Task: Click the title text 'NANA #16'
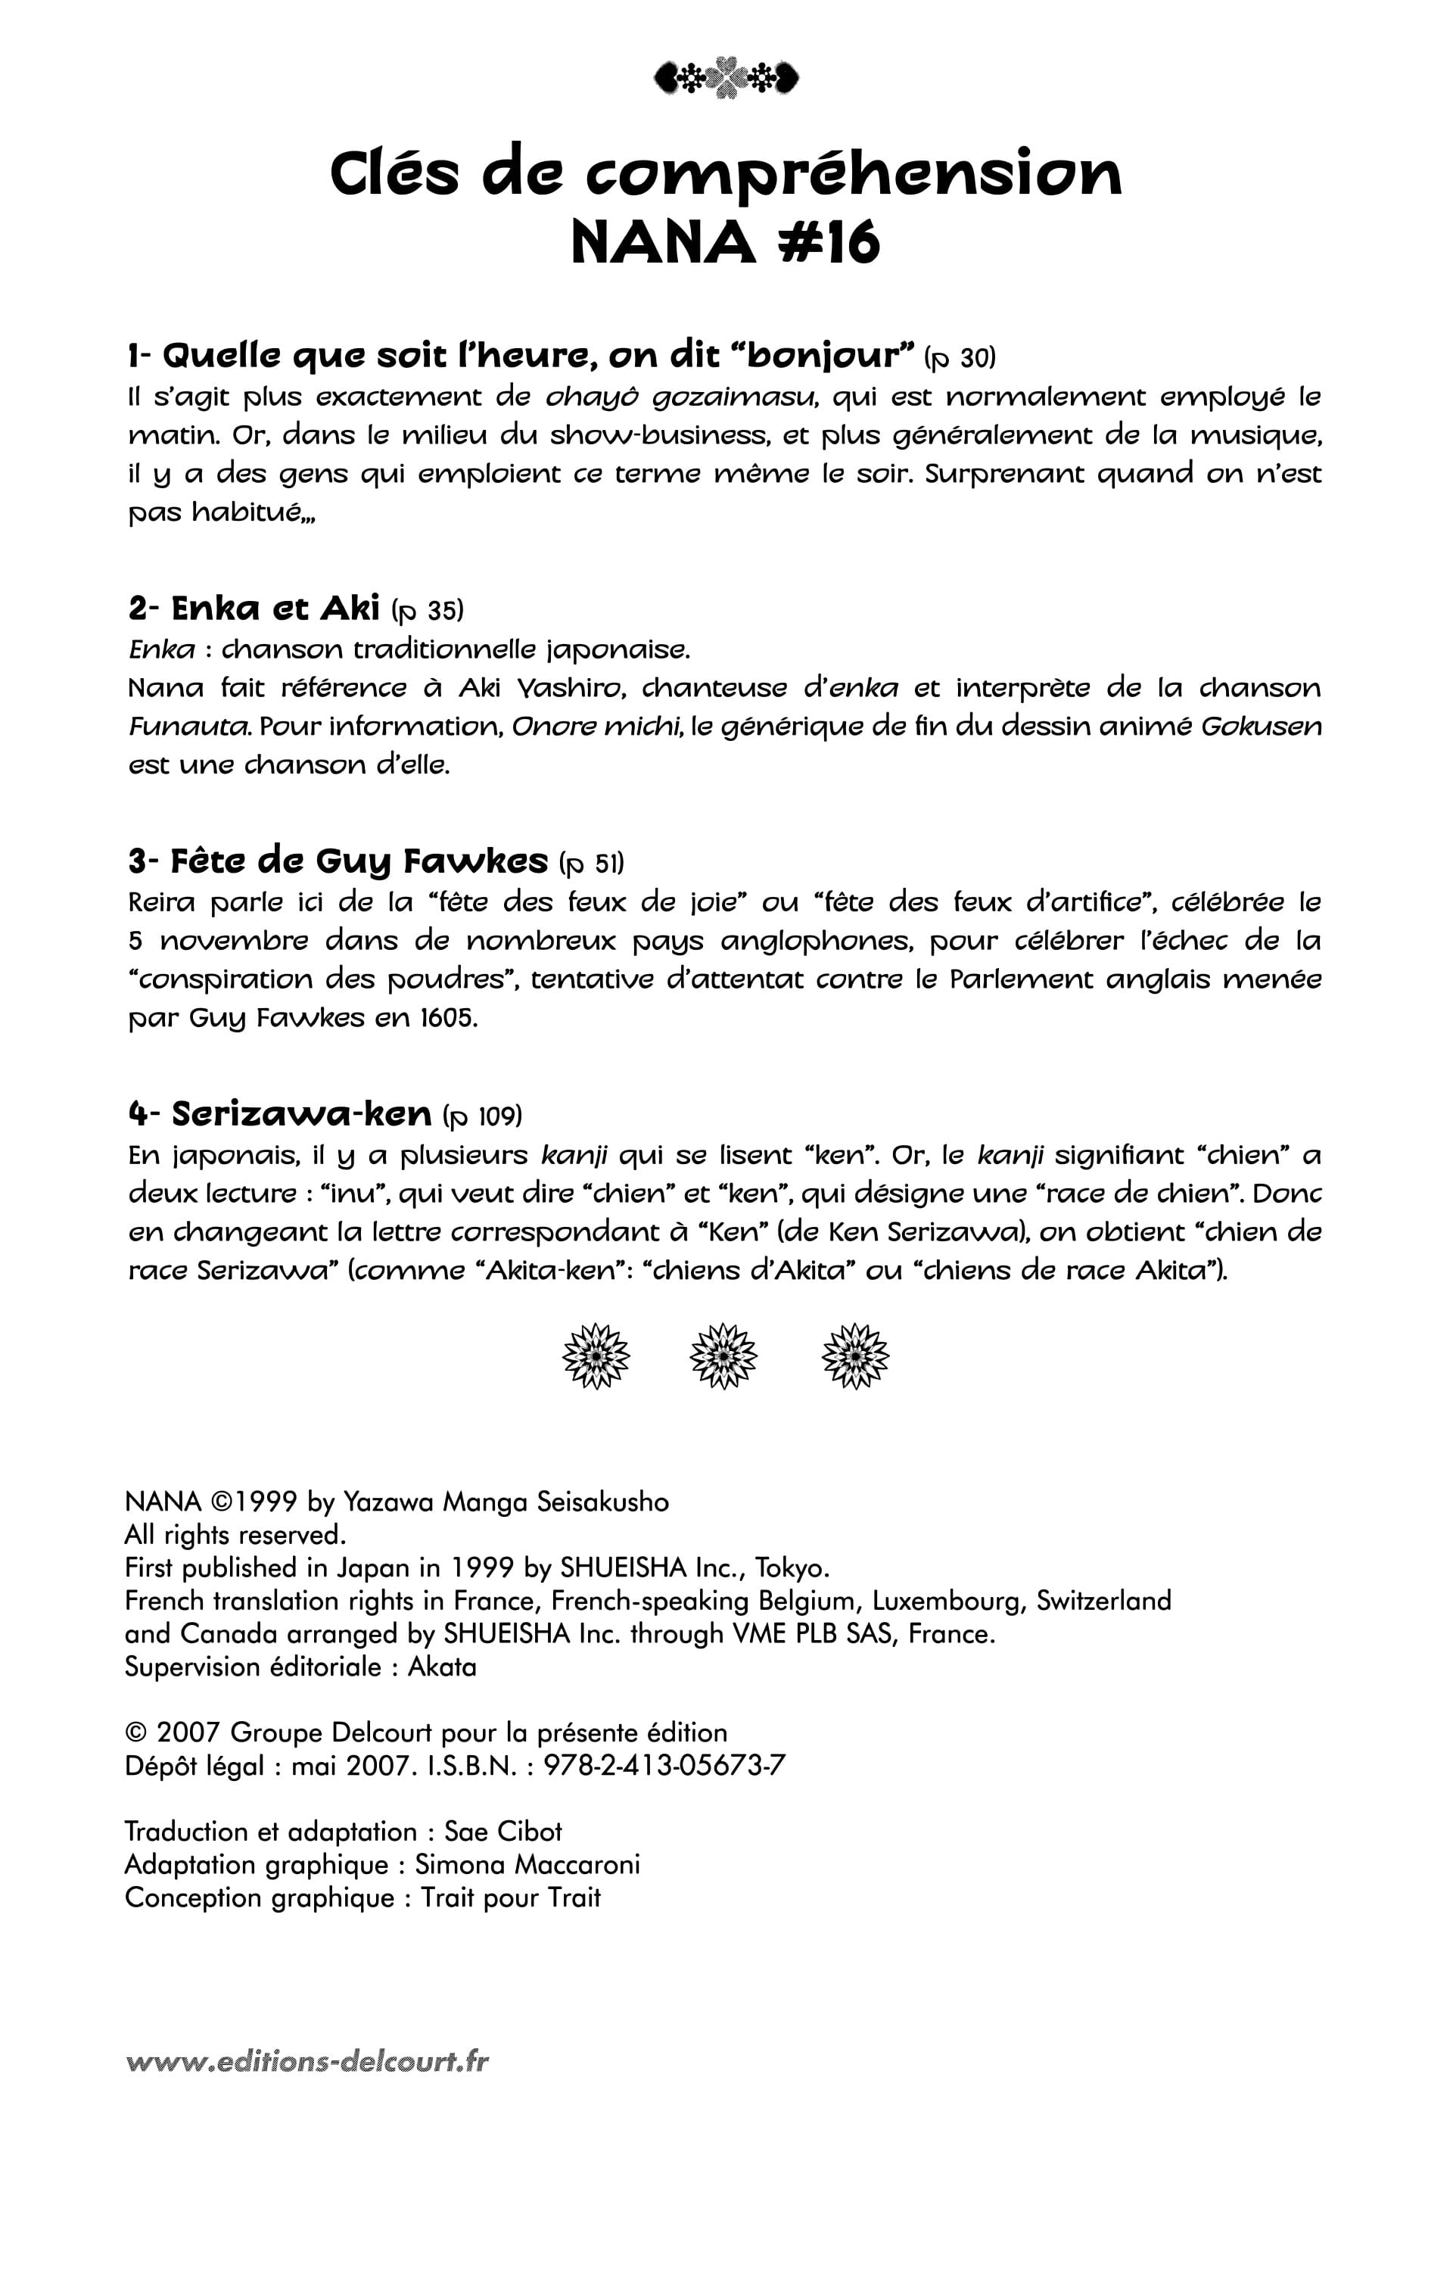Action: [726, 244]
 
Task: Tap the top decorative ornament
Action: [726, 78]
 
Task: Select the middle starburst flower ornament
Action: [723, 1356]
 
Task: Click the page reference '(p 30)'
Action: [960, 358]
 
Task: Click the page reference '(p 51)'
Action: [593, 863]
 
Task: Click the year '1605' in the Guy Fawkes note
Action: [447, 1018]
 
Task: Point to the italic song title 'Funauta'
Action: [189, 727]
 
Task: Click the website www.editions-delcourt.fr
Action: [307, 2061]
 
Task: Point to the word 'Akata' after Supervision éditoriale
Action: [442, 1667]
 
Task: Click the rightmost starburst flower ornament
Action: [855, 1356]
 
